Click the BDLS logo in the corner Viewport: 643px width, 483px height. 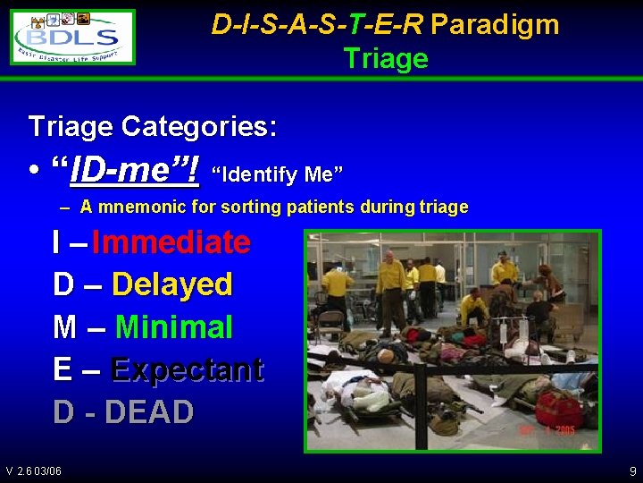pyautogui.click(x=73, y=37)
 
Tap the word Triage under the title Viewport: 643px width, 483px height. pyautogui.click(x=386, y=59)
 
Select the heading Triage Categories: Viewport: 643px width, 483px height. pyautogui.click(x=153, y=126)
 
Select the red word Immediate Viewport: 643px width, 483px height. pyautogui.click(x=171, y=241)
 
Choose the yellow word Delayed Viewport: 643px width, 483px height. pyautogui.click(x=171, y=284)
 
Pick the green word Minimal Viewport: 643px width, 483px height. pyautogui.click(x=173, y=327)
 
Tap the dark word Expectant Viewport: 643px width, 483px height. pyautogui.click(x=187, y=369)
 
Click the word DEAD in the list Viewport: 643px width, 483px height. pyautogui.click(x=149, y=412)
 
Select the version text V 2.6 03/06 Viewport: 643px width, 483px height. pyautogui.click(x=33, y=471)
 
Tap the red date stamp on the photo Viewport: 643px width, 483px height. pyautogui.click(x=547, y=431)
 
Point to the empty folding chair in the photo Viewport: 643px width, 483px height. pyautogui.click(x=330, y=322)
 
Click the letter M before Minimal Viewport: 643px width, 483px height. pyautogui.click(x=65, y=327)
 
